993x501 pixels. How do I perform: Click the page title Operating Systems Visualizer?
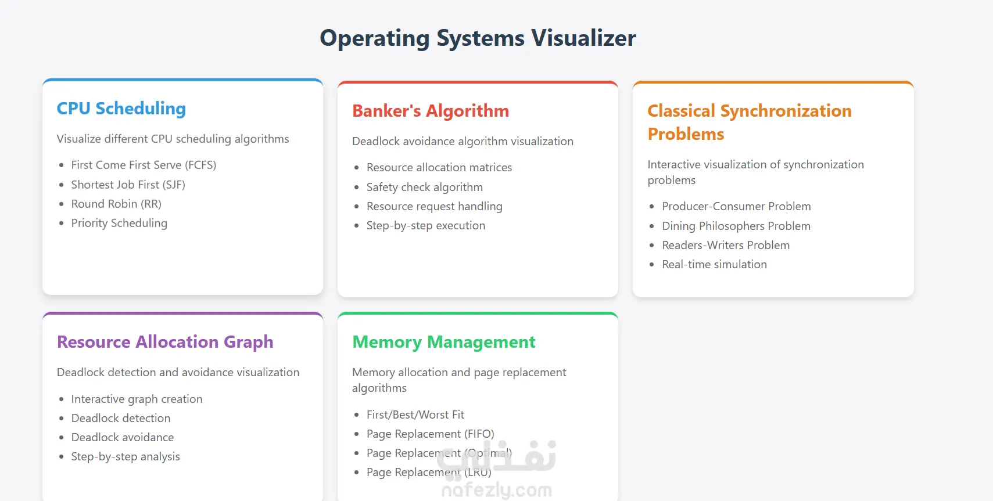coord(478,38)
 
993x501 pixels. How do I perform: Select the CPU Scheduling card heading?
coord(121,109)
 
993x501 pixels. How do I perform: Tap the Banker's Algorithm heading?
coord(431,111)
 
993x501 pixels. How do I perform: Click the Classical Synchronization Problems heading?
coord(749,122)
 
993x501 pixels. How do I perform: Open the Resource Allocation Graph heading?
coord(165,342)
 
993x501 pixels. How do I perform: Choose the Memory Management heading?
coord(443,342)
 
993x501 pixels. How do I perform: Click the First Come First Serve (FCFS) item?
coord(144,165)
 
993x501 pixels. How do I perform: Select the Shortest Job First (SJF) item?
coord(128,185)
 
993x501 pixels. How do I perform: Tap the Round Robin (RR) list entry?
coord(116,204)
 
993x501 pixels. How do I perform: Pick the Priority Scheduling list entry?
coord(119,223)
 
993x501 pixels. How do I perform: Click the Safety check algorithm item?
coord(424,187)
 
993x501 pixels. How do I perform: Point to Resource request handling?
coord(434,206)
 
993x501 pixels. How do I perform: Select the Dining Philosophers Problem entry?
coord(736,226)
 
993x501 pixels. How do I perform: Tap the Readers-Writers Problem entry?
coord(725,245)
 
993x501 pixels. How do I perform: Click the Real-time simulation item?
coord(714,264)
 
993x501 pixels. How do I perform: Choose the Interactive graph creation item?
coord(137,399)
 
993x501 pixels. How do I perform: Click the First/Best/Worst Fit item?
coord(415,415)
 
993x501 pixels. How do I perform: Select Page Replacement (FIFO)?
coord(430,434)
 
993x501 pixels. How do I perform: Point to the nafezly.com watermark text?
coord(496,491)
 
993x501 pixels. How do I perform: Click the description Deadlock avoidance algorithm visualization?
coord(463,141)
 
